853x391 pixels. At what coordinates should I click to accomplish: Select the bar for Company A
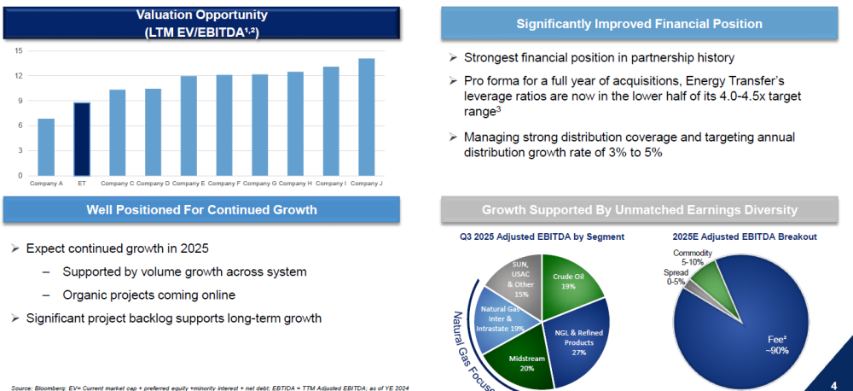[46, 147]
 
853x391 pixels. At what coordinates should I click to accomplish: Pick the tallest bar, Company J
[366, 117]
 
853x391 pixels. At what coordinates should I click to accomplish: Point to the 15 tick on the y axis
[18, 50]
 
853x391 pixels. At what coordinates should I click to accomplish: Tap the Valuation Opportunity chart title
[202, 22]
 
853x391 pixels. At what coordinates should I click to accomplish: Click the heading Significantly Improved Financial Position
[646, 24]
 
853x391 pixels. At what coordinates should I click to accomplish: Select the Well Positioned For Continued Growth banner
[201, 210]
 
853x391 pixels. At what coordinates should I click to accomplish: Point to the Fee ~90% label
[776, 344]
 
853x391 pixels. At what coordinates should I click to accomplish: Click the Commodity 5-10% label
[693, 258]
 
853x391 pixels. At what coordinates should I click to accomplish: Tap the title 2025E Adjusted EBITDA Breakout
[743, 236]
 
